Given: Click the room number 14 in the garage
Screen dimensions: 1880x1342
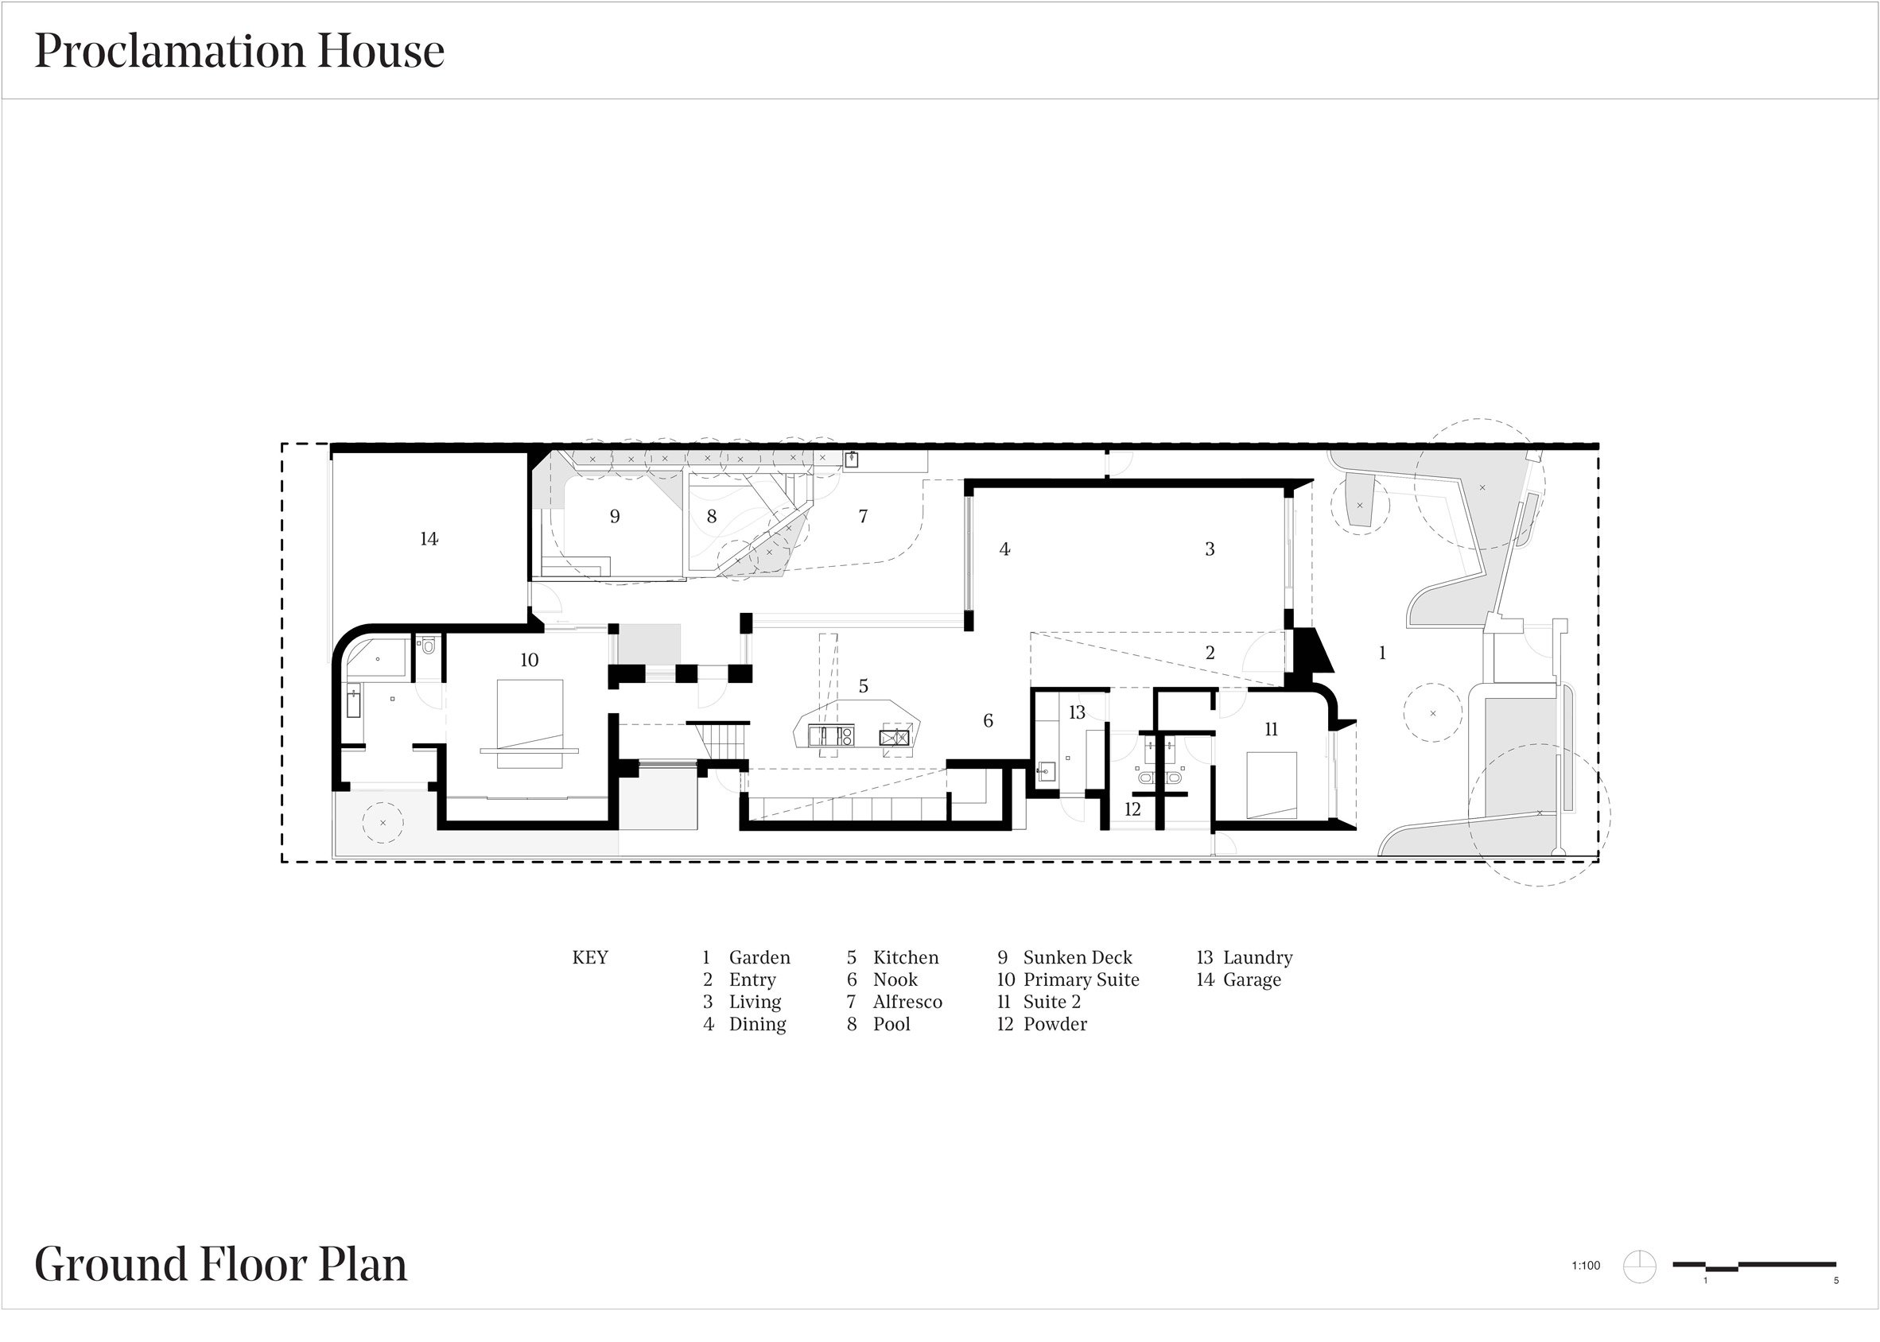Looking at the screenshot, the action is tap(429, 539).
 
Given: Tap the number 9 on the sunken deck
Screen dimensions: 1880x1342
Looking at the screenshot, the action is tap(615, 517).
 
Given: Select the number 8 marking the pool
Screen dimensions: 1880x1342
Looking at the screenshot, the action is tap(712, 517).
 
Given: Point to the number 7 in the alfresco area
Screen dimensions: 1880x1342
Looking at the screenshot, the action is tap(863, 517).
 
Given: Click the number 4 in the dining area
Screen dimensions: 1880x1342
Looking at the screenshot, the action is tap(1005, 549).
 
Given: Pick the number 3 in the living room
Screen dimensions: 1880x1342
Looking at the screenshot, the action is tap(1210, 549).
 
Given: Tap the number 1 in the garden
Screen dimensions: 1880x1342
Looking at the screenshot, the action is tap(1382, 653).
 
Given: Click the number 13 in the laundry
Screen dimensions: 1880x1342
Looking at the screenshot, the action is tap(1077, 712).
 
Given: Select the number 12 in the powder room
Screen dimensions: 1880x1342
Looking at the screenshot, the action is tap(1132, 809).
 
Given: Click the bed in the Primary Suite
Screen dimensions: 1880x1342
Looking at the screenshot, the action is tap(530, 724).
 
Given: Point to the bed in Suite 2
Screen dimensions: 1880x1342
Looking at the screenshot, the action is tap(1272, 785).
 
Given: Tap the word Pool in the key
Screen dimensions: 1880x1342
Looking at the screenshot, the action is tap(891, 1024).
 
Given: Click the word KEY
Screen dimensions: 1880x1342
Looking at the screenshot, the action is tap(590, 957).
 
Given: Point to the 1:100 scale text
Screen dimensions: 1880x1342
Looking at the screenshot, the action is tap(1586, 1265).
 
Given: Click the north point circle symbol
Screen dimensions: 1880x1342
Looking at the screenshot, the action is tap(1640, 1266).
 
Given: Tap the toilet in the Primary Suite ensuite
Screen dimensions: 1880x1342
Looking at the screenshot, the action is tap(427, 645).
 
